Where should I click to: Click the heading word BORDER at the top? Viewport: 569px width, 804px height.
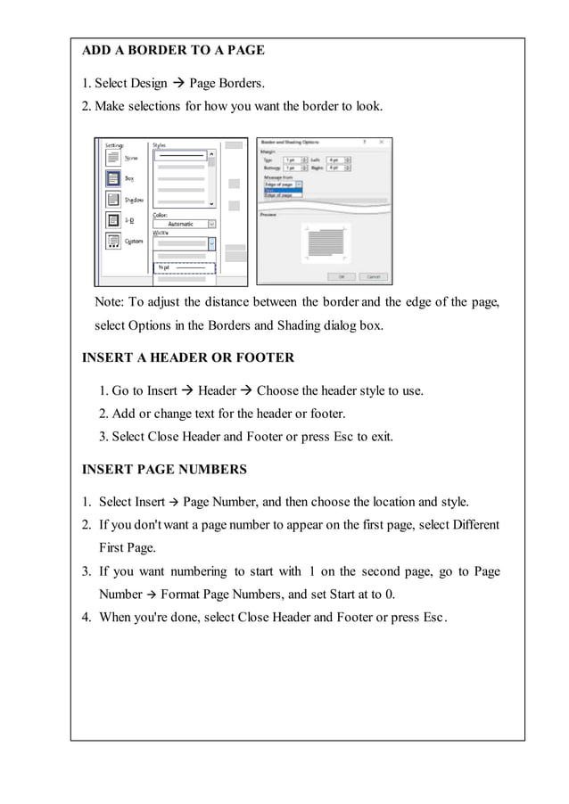pos(157,51)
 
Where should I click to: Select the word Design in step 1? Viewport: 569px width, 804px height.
pos(148,84)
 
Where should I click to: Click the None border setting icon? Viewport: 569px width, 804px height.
pos(113,158)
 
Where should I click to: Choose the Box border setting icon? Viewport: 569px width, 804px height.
pos(113,178)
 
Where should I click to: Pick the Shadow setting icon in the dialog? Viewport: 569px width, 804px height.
pos(113,200)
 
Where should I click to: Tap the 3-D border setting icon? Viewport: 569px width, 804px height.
pos(113,220)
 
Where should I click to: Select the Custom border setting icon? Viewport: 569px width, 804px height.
pos(113,241)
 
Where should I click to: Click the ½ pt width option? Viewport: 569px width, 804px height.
pos(184,267)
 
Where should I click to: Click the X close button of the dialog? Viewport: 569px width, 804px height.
pos(382,142)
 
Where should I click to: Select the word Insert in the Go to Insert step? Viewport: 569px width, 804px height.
pos(161,390)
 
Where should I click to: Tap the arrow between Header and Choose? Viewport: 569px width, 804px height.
pos(247,390)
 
